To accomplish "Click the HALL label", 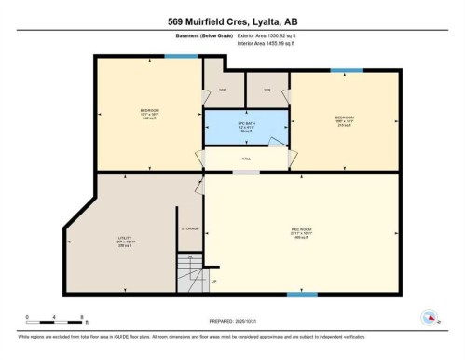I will point(246,159).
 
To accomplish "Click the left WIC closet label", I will point(223,90).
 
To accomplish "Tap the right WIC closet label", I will point(267,90).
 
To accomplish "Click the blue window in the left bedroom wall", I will point(175,57).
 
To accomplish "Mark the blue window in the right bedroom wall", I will point(347,70).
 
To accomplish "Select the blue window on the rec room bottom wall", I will point(301,294).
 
